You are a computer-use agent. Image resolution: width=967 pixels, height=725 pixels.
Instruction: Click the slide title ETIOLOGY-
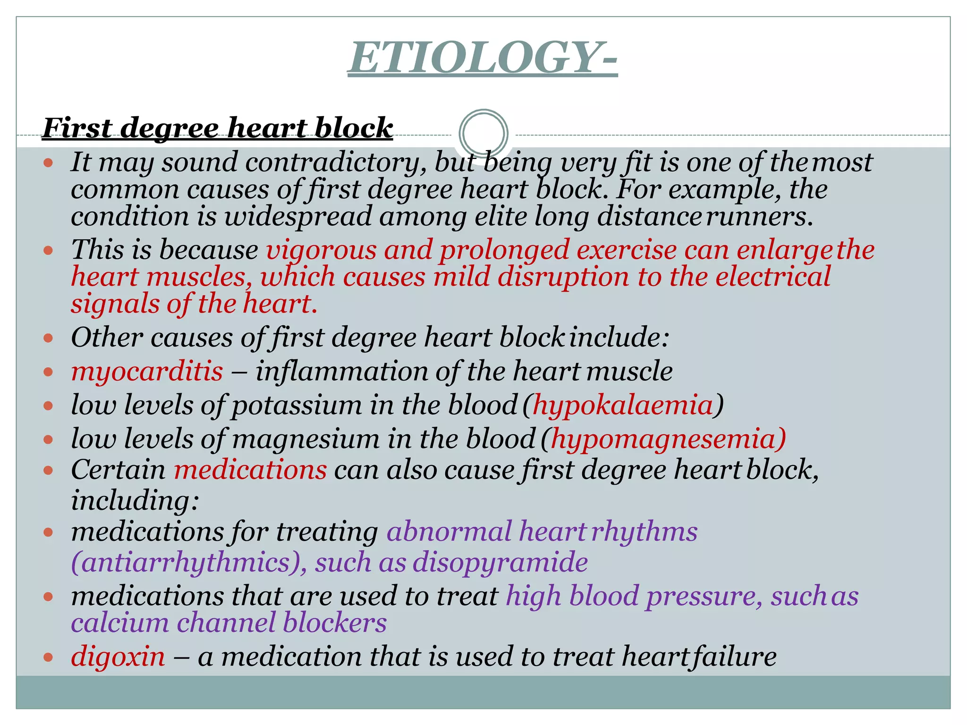point(483,58)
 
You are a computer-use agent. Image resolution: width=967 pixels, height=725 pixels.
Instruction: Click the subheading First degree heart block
point(217,128)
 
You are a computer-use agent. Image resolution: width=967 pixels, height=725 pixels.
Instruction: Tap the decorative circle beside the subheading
point(483,133)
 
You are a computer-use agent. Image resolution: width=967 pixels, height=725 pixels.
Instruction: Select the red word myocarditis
point(147,371)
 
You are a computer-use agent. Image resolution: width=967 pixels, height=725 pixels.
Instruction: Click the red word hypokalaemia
point(623,405)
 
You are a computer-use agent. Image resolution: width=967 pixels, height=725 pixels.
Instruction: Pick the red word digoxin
point(118,657)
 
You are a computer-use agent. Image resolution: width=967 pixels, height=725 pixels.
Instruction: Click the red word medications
point(250,470)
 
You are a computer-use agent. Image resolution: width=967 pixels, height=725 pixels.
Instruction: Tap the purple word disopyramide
point(500,563)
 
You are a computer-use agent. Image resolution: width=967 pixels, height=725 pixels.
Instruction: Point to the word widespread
point(298,217)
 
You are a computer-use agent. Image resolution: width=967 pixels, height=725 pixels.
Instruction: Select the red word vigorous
point(321,250)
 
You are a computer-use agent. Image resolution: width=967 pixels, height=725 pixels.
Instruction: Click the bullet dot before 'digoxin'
point(48,657)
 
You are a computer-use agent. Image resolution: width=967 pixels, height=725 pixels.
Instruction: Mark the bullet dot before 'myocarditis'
point(48,372)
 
